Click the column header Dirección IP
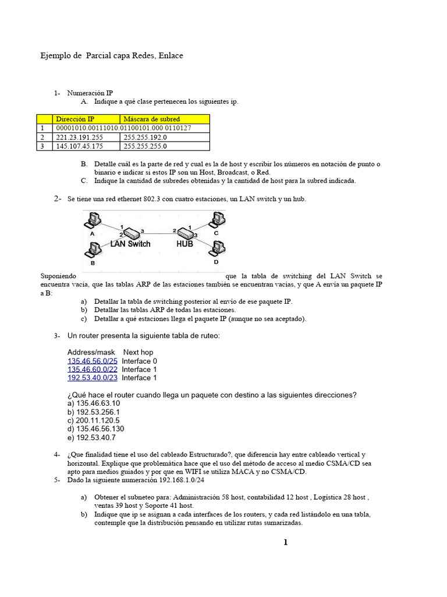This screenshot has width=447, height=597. [x=75, y=119]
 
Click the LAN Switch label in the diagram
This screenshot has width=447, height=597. [x=130, y=244]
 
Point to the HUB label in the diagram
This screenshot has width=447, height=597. [x=185, y=244]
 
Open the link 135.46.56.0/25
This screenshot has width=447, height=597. [x=93, y=361]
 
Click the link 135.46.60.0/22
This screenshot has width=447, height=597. [x=93, y=370]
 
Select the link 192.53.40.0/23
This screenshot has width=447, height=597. [x=93, y=378]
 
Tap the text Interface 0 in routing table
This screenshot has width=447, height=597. [x=140, y=361]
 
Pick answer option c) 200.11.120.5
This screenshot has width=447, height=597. [x=94, y=420]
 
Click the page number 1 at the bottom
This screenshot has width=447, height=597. [x=285, y=543]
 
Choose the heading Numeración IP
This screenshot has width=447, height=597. [x=90, y=93]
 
